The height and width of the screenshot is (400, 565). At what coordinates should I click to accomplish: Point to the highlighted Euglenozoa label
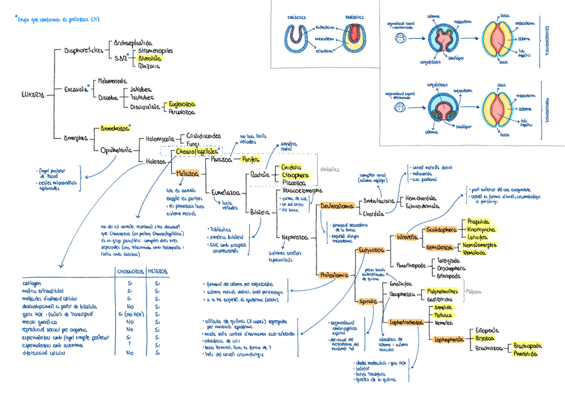coord(182,104)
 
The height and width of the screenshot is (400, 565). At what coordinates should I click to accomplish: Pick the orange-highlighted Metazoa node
coord(189,173)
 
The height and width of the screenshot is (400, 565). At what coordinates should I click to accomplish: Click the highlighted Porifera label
coord(250,159)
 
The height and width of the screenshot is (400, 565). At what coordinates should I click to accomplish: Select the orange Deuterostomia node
coord(336,207)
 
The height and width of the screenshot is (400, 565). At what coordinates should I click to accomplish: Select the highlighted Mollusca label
coord(444,314)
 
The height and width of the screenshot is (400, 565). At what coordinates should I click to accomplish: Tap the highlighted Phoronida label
coord(526,353)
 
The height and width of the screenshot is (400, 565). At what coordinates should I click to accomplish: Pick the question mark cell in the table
coord(128,345)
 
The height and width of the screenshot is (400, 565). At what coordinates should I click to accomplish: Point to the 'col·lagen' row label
coord(33,283)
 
